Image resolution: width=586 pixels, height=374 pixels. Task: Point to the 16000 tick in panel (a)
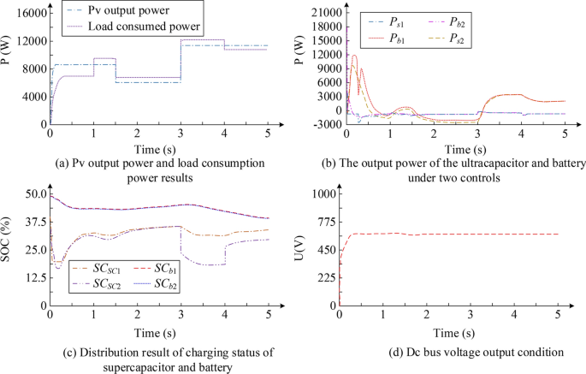click(27, 14)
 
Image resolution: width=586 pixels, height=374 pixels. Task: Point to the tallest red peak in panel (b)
click(354, 56)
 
